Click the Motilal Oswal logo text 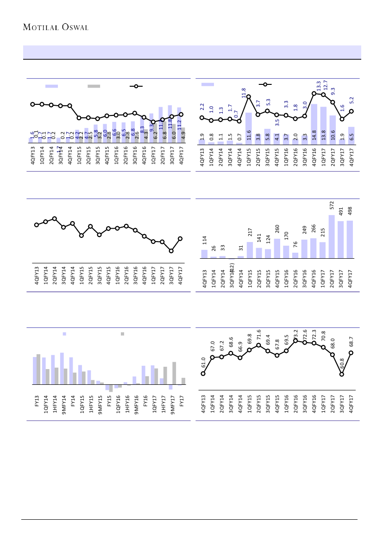click(56, 27)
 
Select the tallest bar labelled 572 click(332, 236)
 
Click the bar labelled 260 click(277, 249)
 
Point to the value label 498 click(350, 210)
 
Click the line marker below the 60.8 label click(342, 374)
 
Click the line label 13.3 click(319, 86)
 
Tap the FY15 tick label click(109, 401)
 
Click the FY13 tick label click(37, 401)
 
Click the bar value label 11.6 click(249, 135)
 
